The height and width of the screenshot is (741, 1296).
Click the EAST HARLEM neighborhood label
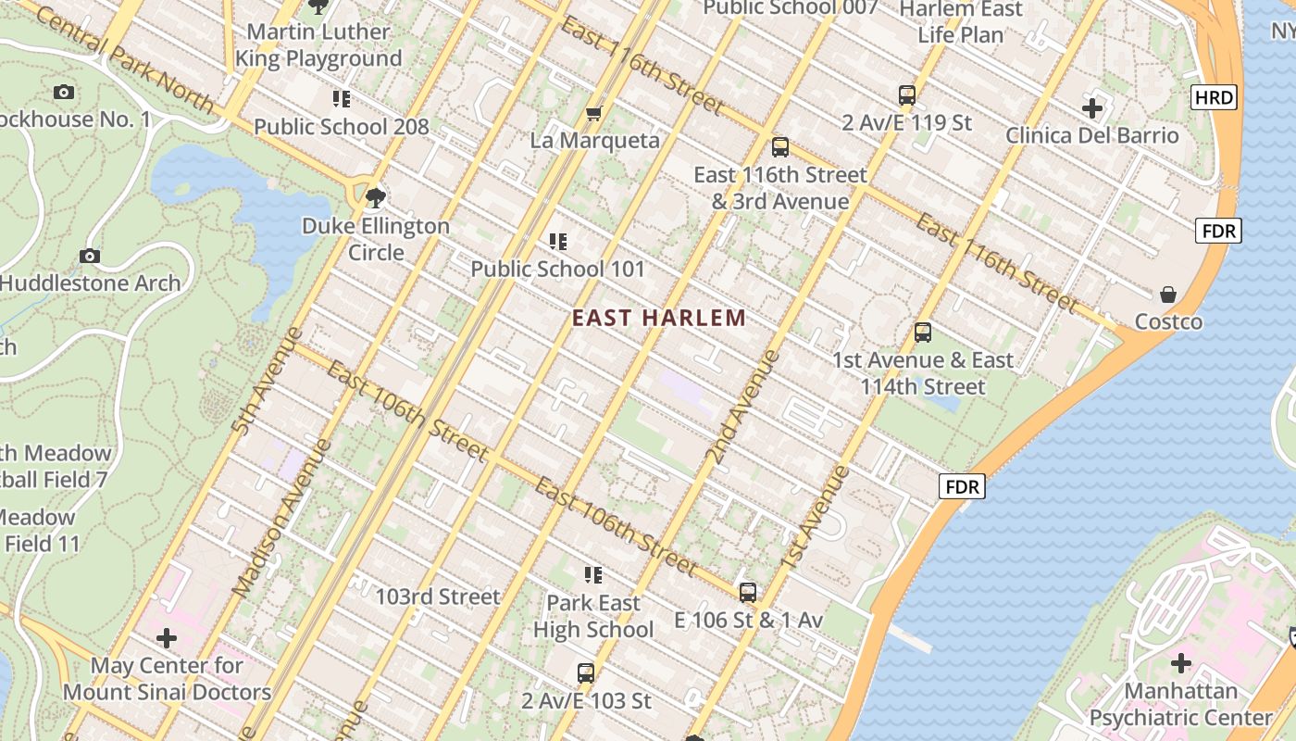tap(658, 319)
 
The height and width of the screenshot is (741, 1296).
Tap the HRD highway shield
tap(1214, 97)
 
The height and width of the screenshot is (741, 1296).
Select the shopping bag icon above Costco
tap(1168, 295)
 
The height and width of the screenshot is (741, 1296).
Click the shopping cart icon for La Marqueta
tap(594, 113)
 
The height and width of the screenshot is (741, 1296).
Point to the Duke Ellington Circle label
tap(376, 239)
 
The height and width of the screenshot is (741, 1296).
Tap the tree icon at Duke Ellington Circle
tap(375, 197)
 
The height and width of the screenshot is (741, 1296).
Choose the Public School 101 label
tap(557, 269)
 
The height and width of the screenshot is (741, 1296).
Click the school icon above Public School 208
tap(342, 98)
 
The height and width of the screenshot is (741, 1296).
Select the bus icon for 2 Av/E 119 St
tap(907, 94)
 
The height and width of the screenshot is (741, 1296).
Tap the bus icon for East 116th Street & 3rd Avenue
tap(780, 147)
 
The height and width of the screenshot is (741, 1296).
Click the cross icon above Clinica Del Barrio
tap(1092, 108)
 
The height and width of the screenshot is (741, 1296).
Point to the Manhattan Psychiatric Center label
tap(1180, 704)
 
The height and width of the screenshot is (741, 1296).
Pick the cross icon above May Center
tap(167, 638)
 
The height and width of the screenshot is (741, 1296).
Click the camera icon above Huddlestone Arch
tap(90, 256)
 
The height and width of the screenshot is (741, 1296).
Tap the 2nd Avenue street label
tap(741, 406)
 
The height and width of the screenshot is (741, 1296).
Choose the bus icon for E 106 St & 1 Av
tap(748, 592)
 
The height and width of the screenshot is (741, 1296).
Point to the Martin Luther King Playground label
tap(318, 44)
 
